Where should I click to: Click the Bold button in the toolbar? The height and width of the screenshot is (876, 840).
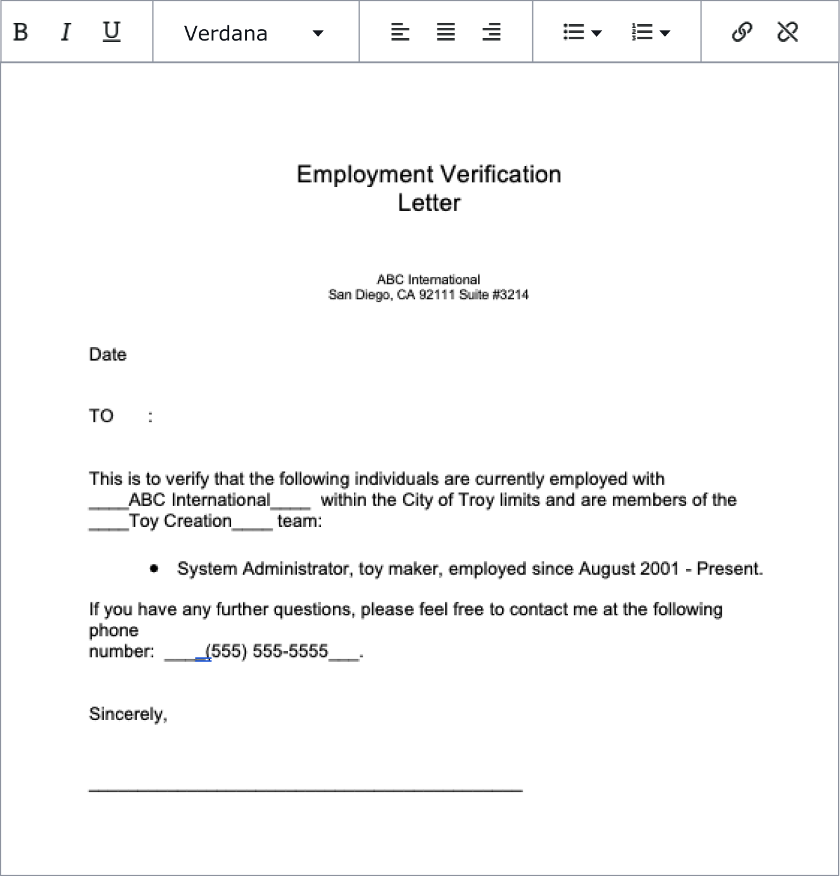point(20,32)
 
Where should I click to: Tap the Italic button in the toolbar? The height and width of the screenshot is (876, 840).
point(66,32)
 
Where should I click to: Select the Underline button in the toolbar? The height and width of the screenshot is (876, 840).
point(111,32)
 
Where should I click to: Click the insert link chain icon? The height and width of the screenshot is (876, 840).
point(742,32)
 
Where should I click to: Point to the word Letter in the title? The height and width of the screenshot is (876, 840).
point(429,203)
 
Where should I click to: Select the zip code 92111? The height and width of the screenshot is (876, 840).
point(436,295)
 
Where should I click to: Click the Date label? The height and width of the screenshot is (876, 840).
point(108,355)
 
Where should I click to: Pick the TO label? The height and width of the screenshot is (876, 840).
point(101,416)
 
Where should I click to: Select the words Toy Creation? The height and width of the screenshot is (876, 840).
point(180,521)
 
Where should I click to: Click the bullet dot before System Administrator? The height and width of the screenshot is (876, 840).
point(154,569)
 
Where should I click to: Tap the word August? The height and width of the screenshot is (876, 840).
point(607,569)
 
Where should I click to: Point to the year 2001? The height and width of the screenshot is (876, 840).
point(660,569)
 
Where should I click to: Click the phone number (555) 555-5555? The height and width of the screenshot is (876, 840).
point(266,651)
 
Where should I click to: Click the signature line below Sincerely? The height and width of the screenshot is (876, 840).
point(305,789)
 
